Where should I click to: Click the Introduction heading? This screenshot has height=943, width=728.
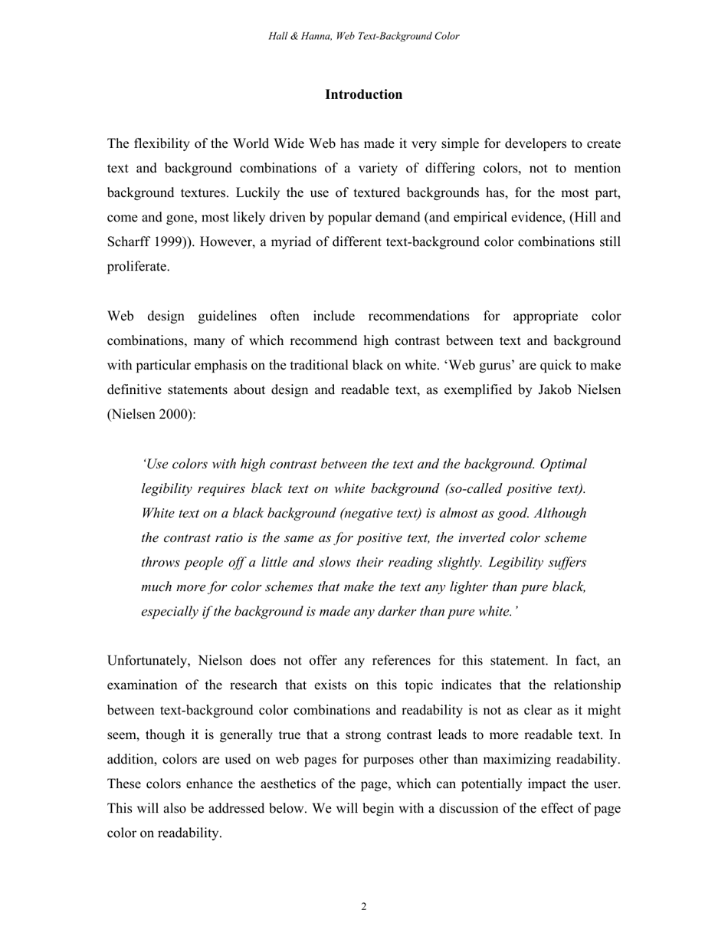363,94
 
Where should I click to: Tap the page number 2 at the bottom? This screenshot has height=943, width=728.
364,907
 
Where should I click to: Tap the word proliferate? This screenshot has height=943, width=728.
137,267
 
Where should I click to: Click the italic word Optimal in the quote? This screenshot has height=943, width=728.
563,464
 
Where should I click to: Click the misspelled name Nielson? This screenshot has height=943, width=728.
221,661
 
